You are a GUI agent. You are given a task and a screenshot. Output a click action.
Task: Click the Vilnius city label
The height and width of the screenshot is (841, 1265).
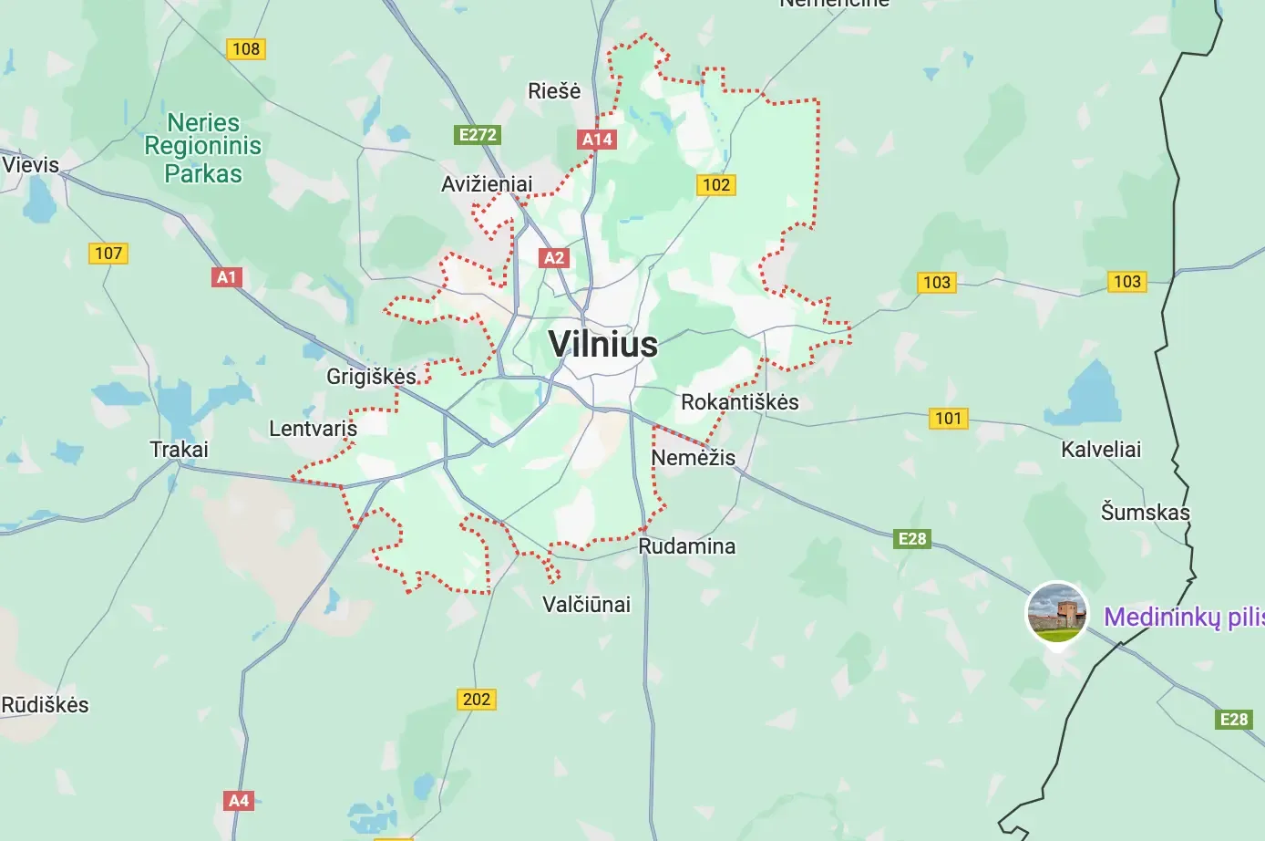602,344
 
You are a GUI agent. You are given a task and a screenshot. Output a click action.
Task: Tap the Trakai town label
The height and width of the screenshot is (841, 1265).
179,449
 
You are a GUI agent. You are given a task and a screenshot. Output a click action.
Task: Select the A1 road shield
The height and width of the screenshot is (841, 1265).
226,277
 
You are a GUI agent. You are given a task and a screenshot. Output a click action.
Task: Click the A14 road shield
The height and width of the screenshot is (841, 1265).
597,140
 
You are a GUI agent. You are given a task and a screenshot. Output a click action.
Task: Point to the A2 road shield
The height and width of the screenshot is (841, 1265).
554,258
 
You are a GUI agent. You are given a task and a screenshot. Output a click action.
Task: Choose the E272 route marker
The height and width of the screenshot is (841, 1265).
478,135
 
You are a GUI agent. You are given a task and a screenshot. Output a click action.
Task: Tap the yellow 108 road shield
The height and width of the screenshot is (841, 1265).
246,49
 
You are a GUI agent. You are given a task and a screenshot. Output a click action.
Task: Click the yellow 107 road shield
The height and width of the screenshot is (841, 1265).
108,254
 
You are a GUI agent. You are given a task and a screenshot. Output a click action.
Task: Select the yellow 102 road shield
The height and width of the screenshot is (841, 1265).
716,185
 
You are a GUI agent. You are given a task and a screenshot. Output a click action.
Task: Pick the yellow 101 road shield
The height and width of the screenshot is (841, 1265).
949,419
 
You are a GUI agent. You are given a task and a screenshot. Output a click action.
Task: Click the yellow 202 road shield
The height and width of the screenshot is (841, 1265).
477,700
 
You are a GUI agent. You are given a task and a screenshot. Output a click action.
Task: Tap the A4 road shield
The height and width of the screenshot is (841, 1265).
239,801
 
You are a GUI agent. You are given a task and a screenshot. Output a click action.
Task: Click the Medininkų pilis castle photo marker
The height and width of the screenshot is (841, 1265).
1057,612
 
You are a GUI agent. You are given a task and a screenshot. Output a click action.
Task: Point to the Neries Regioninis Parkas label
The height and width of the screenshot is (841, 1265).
203,148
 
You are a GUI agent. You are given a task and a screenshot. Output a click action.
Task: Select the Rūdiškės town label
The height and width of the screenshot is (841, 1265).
46,704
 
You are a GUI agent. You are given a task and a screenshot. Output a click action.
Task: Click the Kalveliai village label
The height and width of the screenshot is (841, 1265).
1101,449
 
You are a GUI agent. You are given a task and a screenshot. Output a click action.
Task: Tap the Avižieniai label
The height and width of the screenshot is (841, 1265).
487,184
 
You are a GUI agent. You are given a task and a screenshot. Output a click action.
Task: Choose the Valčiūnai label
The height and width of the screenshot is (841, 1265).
586,604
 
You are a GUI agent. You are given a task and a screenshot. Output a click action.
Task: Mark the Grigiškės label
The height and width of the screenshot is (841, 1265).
371,376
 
